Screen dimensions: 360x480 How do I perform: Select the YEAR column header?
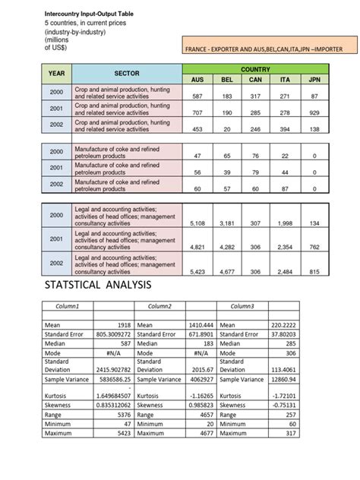(x=57, y=74)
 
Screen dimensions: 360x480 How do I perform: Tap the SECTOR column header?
(x=127, y=74)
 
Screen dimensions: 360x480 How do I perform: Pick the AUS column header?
(x=197, y=79)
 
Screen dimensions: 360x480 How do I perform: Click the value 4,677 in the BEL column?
(x=227, y=271)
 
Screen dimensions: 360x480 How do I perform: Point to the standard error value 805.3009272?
(x=113, y=333)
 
